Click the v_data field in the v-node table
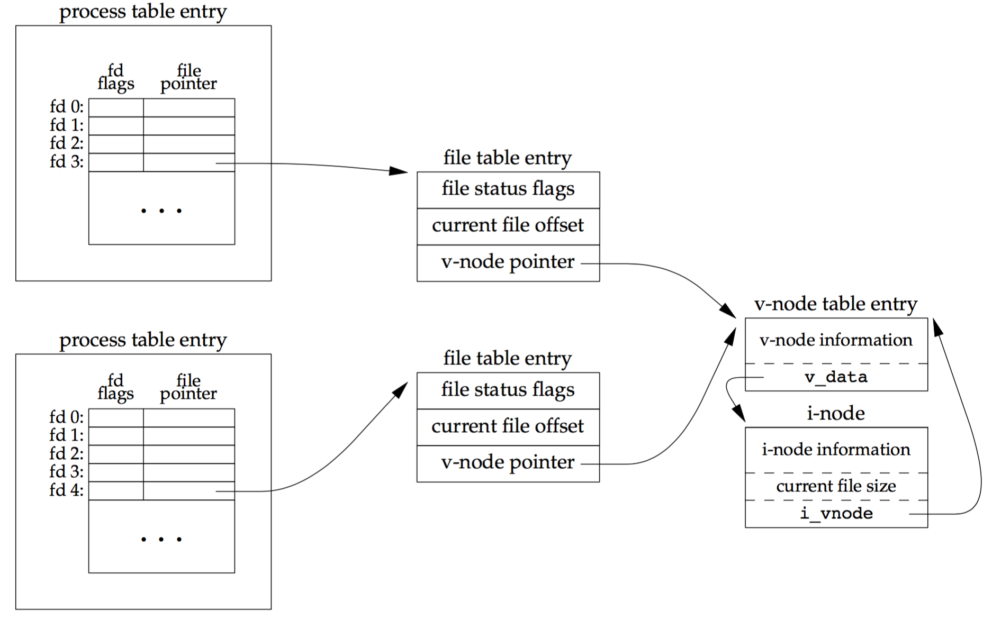(x=836, y=377)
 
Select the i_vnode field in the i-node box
(x=836, y=513)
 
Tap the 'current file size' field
(x=836, y=486)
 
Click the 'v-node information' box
(x=836, y=340)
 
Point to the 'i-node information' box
(x=836, y=450)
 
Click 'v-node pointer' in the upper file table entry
(x=508, y=262)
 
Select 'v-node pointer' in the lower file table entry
(x=508, y=463)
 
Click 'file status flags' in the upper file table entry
(x=508, y=189)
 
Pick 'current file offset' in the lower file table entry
(x=508, y=426)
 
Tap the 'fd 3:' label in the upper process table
(x=66, y=161)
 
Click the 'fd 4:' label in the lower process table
(x=66, y=490)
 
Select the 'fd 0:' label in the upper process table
(x=66, y=107)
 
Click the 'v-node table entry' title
(x=835, y=304)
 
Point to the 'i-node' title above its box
(x=835, y=413)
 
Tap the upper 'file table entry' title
(x=507, y=158)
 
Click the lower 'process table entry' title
(x=143, y=340)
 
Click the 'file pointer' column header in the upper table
(x=188, y=77)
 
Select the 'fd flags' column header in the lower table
(x=115, y=387)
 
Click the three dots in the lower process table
(x=161, y=539)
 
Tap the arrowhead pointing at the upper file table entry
(x=399, y=170)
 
